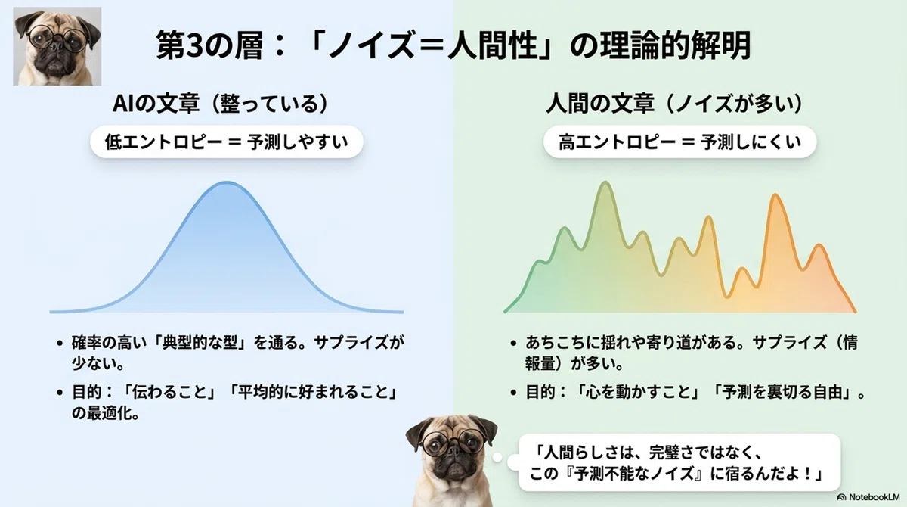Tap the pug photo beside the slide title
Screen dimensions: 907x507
coord(57,46)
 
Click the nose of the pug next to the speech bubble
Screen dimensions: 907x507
coord(453,449)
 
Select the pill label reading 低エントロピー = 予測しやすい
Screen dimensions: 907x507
coord(226,142)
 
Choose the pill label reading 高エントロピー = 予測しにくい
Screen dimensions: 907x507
coord(679,142)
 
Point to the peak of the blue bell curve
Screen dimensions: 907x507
coord(226,183)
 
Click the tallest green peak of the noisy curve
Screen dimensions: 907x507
coord(605,183)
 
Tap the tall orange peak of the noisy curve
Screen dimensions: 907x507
coord(775,196)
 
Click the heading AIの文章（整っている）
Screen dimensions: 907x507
coord(221,104)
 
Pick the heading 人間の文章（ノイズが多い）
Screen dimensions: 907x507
coord(675,104)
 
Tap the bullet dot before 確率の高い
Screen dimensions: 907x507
coord(60,344)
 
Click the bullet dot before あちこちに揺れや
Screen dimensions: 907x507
coord(513,344)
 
